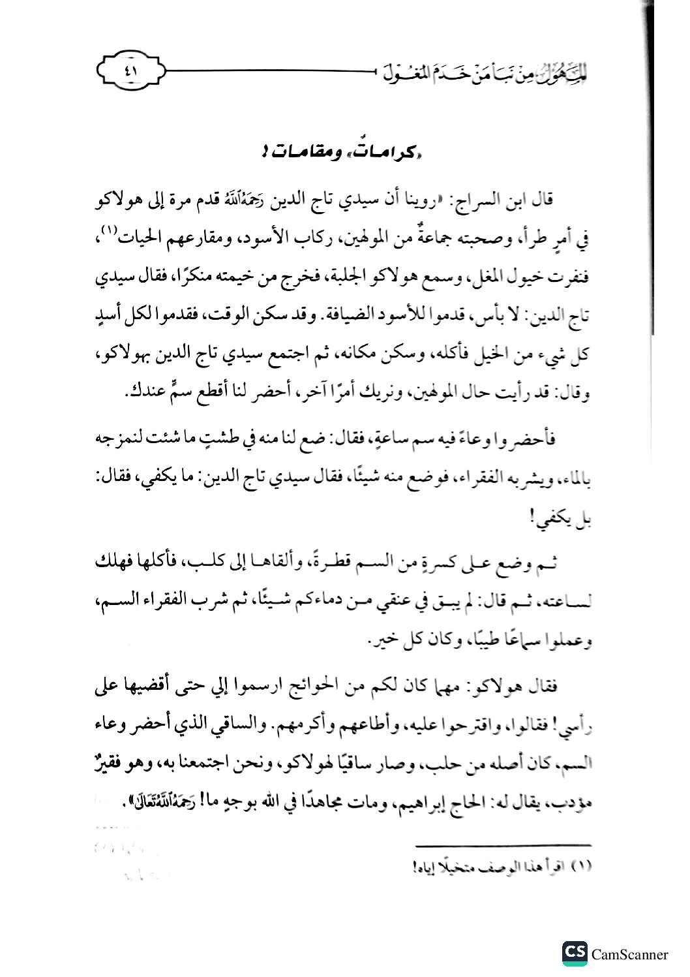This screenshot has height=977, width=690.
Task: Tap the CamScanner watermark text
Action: [x=630, y=954]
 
